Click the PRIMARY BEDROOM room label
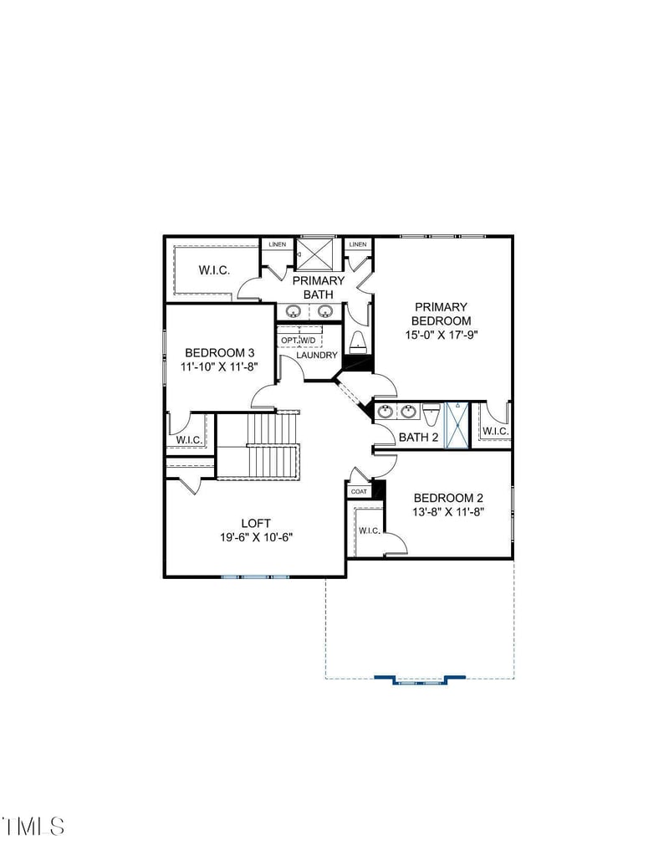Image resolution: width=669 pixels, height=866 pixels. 440,314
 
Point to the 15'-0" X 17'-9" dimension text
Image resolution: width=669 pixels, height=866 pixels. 440,334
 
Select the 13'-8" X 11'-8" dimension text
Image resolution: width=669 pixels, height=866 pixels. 448,511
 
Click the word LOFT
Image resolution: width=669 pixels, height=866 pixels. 255,523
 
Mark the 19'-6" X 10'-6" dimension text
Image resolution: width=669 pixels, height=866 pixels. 255,537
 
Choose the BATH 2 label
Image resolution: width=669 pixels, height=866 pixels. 418,437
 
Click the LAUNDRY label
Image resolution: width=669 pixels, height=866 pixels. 317,355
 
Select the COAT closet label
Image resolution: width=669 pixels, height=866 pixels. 359,491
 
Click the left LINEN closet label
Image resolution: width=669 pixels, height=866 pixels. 277,244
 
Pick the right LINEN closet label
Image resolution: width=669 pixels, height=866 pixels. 357,244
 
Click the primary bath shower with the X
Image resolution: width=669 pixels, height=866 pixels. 315,254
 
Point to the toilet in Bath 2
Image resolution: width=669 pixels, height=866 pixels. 431,413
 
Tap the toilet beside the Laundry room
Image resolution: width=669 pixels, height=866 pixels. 357,341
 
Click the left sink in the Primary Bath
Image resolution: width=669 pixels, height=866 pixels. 294,311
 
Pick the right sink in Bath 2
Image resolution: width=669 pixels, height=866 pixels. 408,412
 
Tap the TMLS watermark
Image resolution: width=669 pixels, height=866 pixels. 33,826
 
